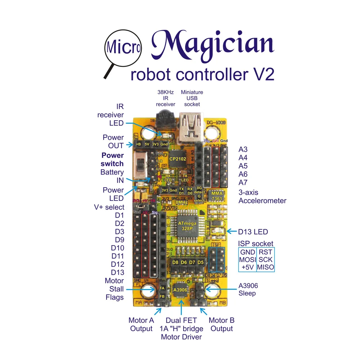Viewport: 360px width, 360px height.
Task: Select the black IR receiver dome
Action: point(165,121)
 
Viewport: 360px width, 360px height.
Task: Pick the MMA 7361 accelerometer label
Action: point(217,197)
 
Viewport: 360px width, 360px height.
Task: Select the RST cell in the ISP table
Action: point(265,252)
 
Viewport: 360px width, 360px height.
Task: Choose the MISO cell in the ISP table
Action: point(265,267)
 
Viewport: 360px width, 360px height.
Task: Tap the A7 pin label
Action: point(244,182)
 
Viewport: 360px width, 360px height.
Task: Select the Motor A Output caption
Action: point(141,324)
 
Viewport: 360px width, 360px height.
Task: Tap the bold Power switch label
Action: point(112,159)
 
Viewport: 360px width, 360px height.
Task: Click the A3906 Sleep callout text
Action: point(248,289)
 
